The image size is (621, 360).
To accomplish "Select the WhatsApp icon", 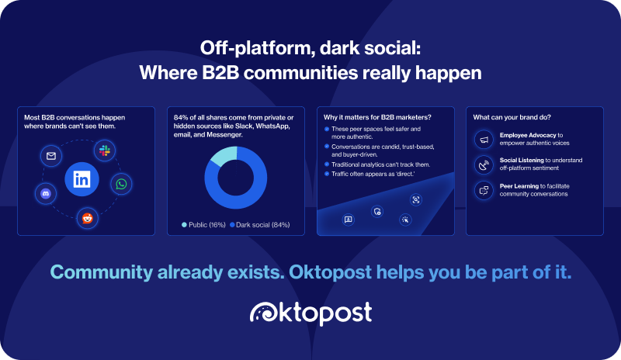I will click(122, 184).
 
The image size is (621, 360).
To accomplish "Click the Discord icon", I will click(46, 192).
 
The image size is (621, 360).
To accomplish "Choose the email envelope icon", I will click(51, 156).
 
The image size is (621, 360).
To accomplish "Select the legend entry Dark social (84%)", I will click(258, 224).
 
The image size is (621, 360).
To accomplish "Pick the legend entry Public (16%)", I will click(203, 224).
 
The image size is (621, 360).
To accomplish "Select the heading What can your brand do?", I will click(512, 117).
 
